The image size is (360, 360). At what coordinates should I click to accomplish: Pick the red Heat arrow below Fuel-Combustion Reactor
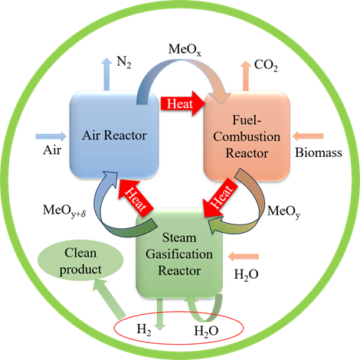(218, 197)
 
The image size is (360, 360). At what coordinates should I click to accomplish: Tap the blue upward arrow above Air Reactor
(106, 73)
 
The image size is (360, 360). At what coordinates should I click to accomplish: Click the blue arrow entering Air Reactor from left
(51, 136)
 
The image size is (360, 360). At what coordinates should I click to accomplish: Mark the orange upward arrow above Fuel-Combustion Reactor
(246, 73)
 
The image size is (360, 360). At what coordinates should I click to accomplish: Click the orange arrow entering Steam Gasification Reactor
(247, 256)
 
